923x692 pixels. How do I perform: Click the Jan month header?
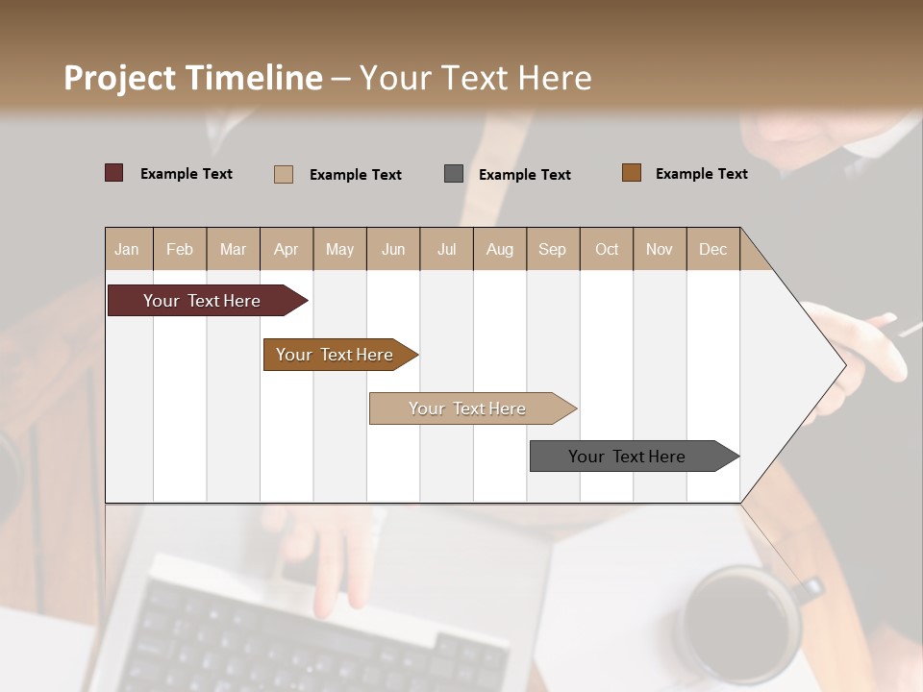coord(127,249)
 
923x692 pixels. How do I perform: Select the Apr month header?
coord(286,249)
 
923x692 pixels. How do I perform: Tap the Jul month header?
coord(446,249)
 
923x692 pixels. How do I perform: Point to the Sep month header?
coord(552,249)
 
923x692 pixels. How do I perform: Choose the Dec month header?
coord(712,249)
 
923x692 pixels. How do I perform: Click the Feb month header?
coord(180,249)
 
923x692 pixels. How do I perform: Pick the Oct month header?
coord(607,249)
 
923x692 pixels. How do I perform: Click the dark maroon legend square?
coord(114,173)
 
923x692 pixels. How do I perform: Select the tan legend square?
coord(284,174)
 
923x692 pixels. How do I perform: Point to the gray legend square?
coord(454,174)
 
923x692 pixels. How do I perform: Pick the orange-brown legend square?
coord(632,173)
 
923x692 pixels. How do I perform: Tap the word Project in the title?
coord(118,78)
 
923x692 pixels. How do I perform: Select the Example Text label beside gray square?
coord(525,175)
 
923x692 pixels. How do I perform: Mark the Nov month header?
coord(660,249)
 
